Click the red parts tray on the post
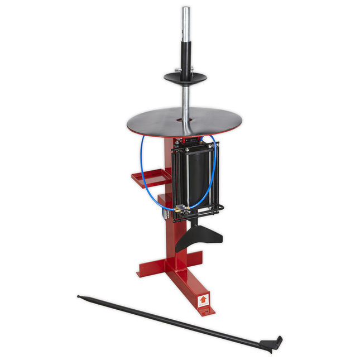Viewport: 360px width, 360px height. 150,178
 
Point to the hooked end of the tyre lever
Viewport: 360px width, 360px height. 276,344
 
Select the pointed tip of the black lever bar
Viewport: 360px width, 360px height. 80,296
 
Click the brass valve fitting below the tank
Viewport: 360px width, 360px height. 179,210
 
